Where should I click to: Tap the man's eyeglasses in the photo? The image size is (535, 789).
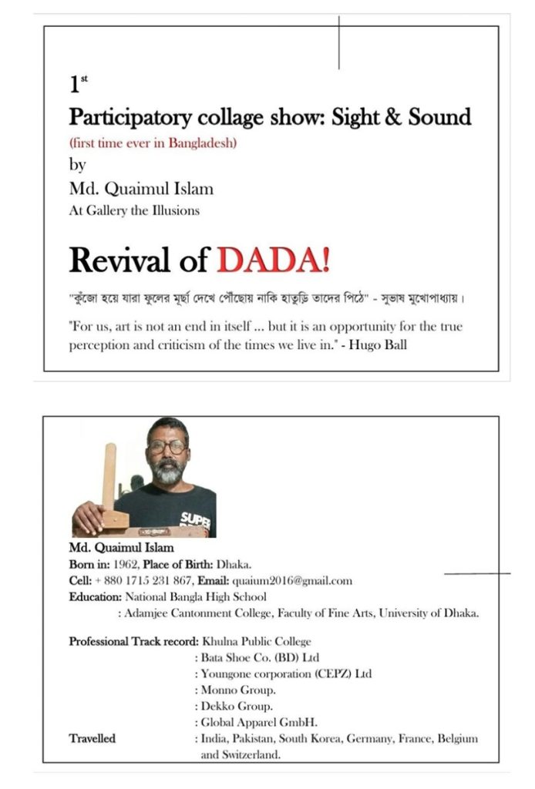167,446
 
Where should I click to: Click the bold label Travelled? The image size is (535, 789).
93,739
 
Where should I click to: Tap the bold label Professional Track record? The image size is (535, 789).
133,641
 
